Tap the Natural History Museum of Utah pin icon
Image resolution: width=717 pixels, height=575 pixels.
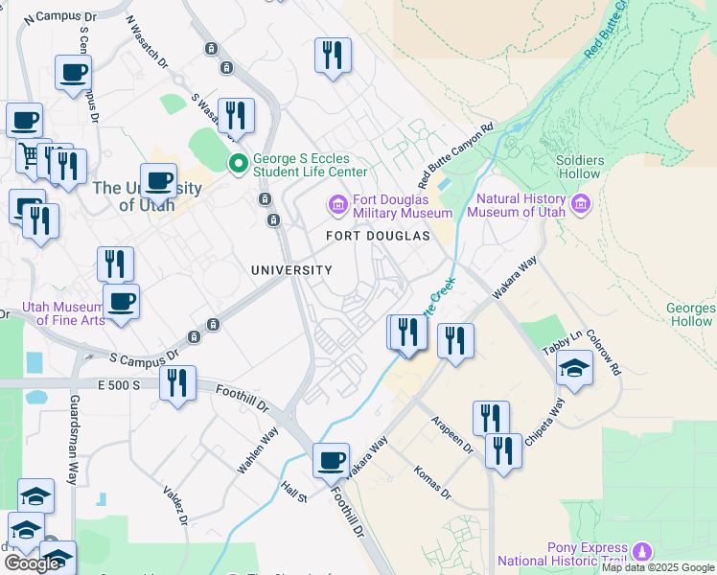tap(580, 204)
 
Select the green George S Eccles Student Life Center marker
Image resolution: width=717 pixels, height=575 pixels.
tap(238, 165)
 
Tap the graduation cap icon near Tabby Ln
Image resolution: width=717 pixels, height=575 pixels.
tap(574, 369)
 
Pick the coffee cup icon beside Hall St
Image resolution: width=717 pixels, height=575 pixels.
tap(332, 460)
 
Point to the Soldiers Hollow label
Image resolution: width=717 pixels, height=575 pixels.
tap(580, 167)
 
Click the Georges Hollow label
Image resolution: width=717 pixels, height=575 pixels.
tap(690, 314)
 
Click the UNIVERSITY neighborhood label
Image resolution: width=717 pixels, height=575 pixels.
tap(291, 270)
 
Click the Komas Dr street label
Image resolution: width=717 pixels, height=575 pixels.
tap(432, 482)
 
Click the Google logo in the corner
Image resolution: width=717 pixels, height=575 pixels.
tap(31, 563)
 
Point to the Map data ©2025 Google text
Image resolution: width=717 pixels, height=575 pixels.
tap(658, 567)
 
